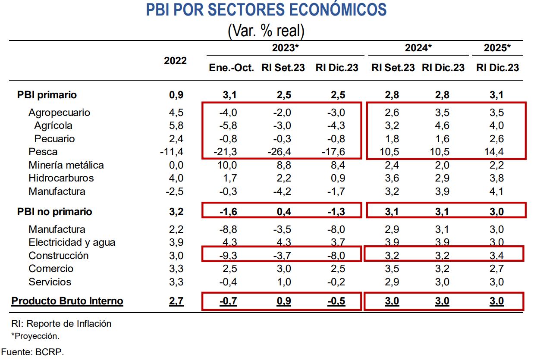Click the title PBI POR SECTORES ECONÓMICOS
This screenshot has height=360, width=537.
pos(266,10)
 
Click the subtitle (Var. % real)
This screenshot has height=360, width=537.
pos(266,31)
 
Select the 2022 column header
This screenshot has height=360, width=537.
pos(175,61)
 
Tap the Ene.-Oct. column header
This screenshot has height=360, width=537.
pos(231,68)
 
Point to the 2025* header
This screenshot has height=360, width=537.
pos(497,48)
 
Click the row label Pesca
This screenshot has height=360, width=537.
pos(43,152)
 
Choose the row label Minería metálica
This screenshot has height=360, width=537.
pos(66,165)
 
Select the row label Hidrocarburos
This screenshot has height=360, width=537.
pos(61,178)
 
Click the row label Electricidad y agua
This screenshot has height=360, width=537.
pos(72,242)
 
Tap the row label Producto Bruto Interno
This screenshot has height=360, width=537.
pos(67,301)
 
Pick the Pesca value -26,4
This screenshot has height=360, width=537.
pos(283,152)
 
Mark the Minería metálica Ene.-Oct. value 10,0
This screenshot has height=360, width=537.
pos(228,165)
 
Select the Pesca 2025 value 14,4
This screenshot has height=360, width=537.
pos(496,152)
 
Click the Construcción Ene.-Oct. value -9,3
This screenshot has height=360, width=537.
pos(228,256)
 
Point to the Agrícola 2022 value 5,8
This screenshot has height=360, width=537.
pos(176,126)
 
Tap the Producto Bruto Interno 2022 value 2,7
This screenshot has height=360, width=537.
pos(176,301)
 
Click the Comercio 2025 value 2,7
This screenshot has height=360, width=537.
pos(496,269)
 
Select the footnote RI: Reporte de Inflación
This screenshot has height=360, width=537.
pos(61,323)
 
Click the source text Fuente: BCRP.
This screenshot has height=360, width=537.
pos(32,352)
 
